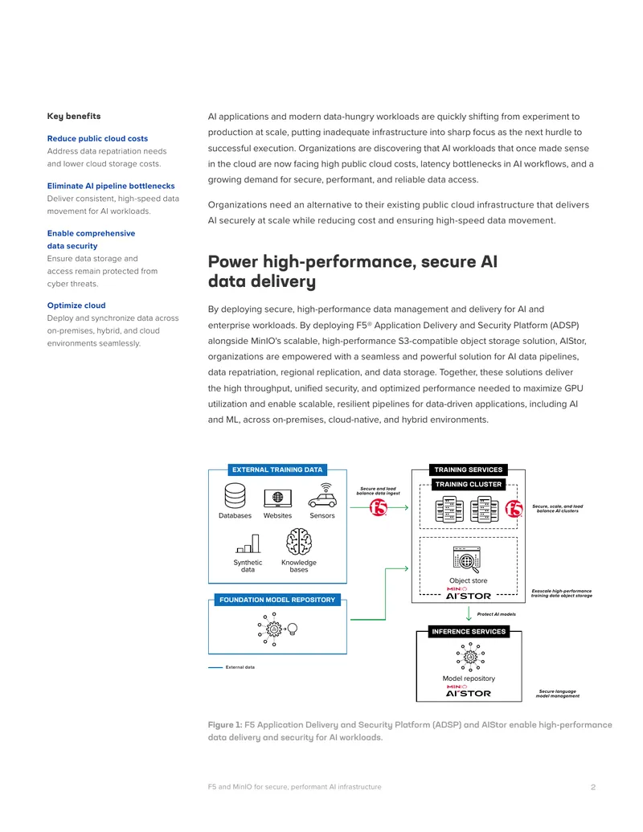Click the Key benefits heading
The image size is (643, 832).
pos(74,117)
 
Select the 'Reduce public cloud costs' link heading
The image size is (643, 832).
pos(97,138)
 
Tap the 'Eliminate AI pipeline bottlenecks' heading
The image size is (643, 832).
pos(111,186)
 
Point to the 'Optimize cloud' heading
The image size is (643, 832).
pos(76,305)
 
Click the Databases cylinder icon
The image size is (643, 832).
pos(235,496)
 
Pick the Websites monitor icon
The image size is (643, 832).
pos(277,498)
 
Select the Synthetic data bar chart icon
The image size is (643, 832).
pos(248,543)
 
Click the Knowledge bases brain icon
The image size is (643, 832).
pos(299,542)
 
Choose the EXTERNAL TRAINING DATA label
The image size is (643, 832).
pos(277,469)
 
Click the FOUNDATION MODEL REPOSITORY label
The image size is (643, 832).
pos(277,600)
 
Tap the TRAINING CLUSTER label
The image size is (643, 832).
pos(469,484)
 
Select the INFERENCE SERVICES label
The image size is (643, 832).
pos(469,631)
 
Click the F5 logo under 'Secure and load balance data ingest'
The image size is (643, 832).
pos(379,508)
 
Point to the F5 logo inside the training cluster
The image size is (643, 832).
pos(514,509)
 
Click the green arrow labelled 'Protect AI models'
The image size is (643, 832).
pos(469,614)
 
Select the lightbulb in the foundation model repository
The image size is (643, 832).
pos(292,629)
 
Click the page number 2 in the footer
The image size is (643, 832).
pos(593,787)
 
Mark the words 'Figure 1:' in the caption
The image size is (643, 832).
pos(225,725)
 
